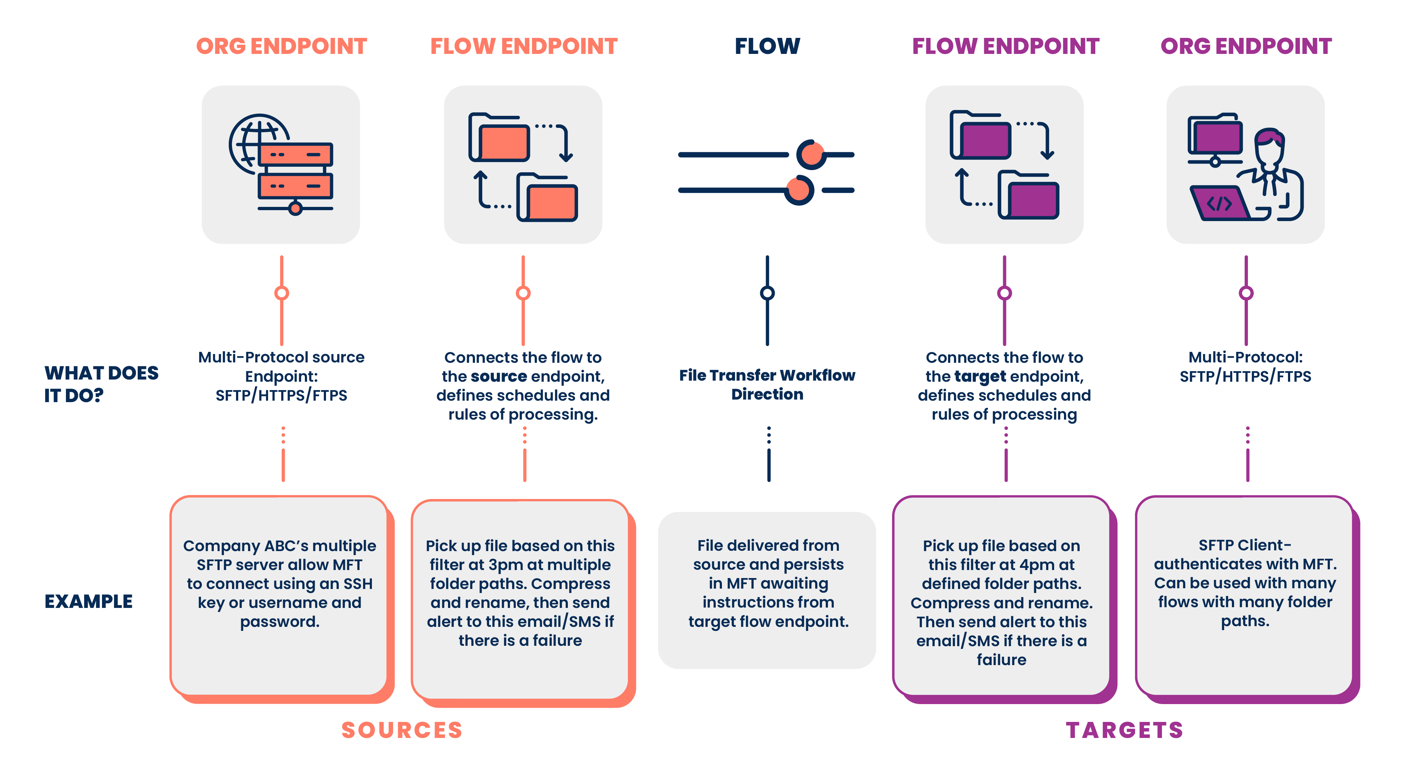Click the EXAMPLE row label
click(x=89, y=601)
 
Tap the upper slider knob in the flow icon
click(x=812, y=154)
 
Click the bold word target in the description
click(x=980, y=377)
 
